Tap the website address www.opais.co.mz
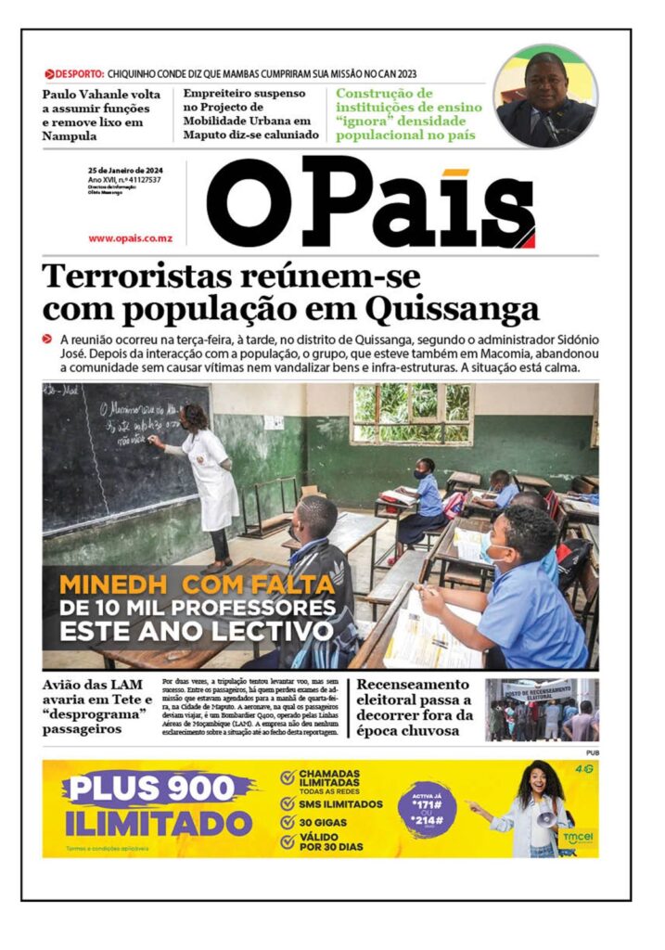pyautogui.click(x=131, y=238)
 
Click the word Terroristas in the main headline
pyautogui.click(x=134, y=276)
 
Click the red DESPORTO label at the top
pyautogui.click(x=79, y=73)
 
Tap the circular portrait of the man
pyautogui.click(x=545, y=96)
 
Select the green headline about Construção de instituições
pyautogui.click(x=408, y=114)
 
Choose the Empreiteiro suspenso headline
pyautogui.click(x=251, y=114)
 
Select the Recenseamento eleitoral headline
pyautogui.click(x=415, y=707)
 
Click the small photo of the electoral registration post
pyautogui.click(x=542, y=709)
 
